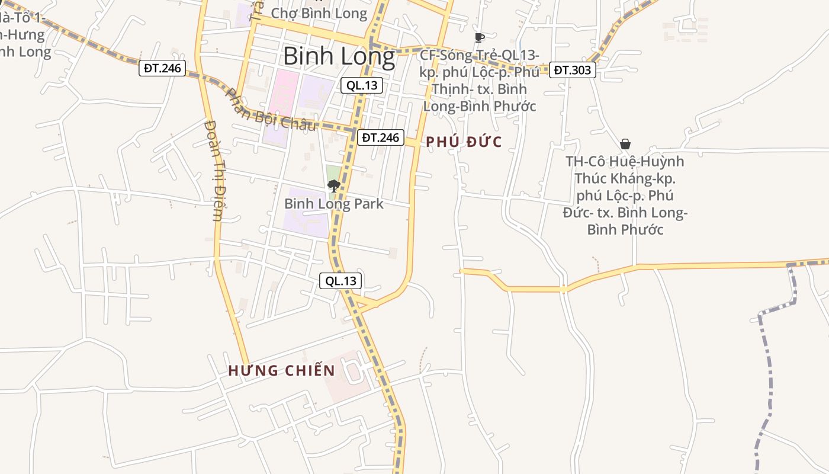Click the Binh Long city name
pyautogui.click(x=339, y=56)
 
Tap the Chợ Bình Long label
pyautogui.click(x=319, y=13)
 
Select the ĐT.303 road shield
pyautogui.click(x=572, y=70)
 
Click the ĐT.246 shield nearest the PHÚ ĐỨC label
pyautogui.click(x=381, y=137)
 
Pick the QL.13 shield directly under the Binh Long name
pyautogui.click(x=362, y=85)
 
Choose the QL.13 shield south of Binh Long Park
pyautogui.click(x=340, y=281)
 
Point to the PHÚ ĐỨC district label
pyautogui.click(x=464, y=142)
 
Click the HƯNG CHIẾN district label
pyautogui.click(x=282, y=371)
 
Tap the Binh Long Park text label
pyautogui.click(x=334, y=204)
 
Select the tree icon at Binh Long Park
pyautogui.click(x=333, y=186)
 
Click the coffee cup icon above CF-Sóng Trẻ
pyautogui.click(x=479, y=38)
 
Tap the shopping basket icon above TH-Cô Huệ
pyautogui.click(x=625, y=144)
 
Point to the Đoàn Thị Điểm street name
pyautogui.click(x=213, y=171)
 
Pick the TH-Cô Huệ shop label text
pyautogui.click(x=625, y=196)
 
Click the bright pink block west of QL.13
pyautogui.click(x=279, y=107)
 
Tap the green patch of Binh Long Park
pyautogui.click(x=333, y=175)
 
